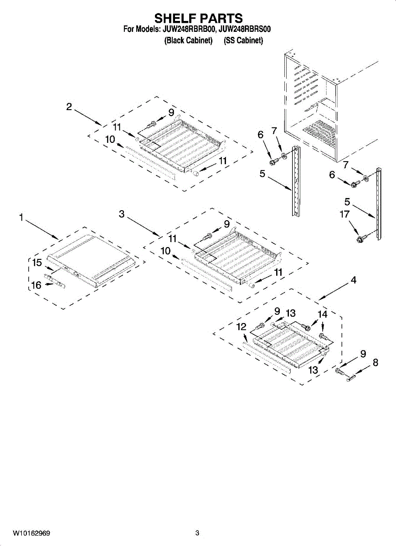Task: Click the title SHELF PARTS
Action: tap(198, 18)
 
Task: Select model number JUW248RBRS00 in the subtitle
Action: tap(244, 30)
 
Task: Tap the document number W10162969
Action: tap(31, 533)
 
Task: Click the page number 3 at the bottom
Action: tap(197, 533)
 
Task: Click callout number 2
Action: tap(69, 107)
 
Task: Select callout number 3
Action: tap(122, 214)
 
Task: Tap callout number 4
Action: tap(354, 281)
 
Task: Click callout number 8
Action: tap(375, 363)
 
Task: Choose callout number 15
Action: tap(37, 263)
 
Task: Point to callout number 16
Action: tap(36, 285)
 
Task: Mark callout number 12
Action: tap(242, 326)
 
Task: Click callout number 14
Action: tap(322, 314)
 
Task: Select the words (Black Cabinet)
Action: tap(189, 40)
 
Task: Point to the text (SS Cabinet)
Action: tap(243, 40)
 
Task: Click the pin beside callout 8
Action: tap(351, 377)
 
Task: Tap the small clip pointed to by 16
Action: tap(55, 281)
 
